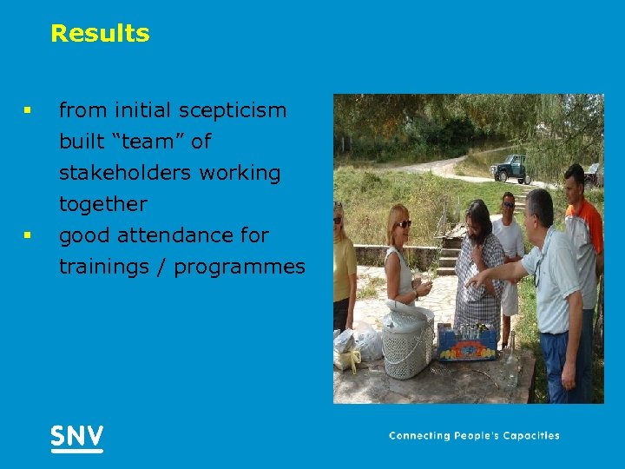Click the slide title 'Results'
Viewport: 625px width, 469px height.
pyautogui.click(x=100, y=34)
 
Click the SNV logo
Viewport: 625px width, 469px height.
pyautogui.click(x=76, y=437)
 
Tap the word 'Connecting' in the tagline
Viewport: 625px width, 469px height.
pyautogui.click(x=420, y=436)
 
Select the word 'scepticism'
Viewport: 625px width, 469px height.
pyautogui.click(x=232, y=110)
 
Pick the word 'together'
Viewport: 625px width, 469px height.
pyautogui.click(x=102, y=205)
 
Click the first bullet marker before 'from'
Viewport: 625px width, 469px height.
pyautogui.click(x=28, y=111)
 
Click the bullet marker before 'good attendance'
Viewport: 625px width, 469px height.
pyautogui.click(x=28, y=235)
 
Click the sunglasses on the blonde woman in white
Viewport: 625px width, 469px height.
pyautogui.click(x=404, y=223)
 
